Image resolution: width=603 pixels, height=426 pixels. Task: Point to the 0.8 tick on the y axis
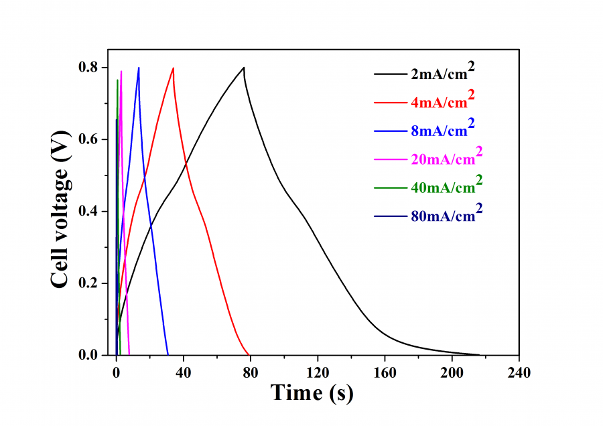[x=89, y=68]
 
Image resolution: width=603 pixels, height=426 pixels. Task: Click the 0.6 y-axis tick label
[x=89, y=139]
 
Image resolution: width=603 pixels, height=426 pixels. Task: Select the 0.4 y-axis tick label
[x=89, y=212]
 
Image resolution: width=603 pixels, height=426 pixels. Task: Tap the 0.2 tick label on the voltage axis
[x=89, y=283]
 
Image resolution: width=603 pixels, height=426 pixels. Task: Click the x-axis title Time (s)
[x=312, y=393]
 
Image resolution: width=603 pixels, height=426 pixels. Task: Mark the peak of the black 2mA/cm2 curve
[x=244, y=67]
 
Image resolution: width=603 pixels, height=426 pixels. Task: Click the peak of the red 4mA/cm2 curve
[x=174, y=68]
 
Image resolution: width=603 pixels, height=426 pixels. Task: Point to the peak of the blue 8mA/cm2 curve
[x=139, y=68]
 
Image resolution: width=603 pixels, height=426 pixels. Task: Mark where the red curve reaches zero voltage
[x=249, y=355]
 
